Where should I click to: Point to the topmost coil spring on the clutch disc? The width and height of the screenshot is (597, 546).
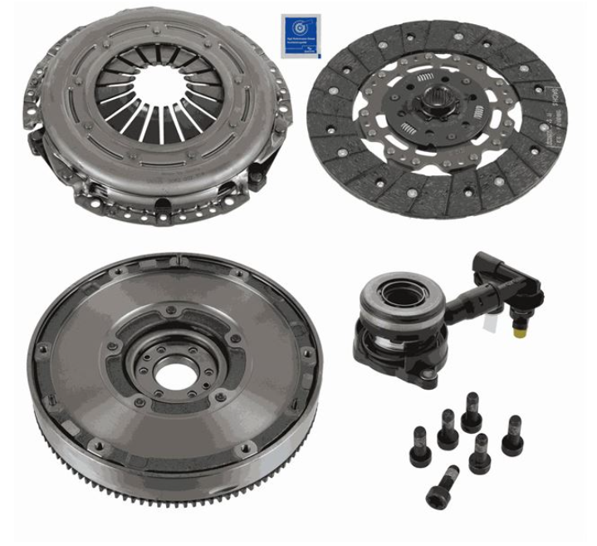pyautogui.click(x=425, y=78)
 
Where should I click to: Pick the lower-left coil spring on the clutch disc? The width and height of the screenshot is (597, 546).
pyautogui.click(x=407, y=129)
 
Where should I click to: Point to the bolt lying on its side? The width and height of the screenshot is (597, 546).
pyautogui.click(x=443, y=487)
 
